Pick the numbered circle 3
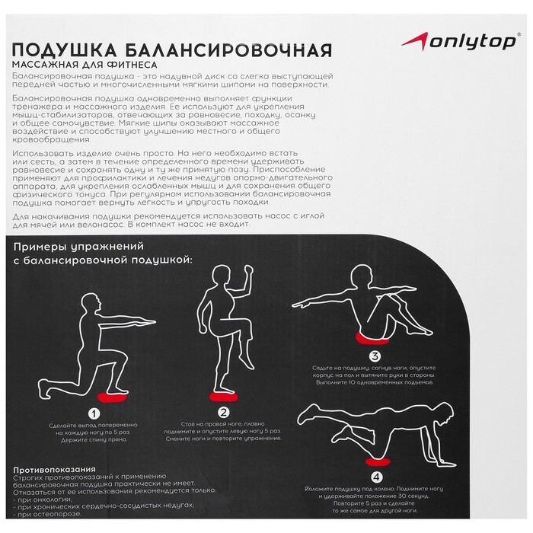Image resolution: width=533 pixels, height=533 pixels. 375,356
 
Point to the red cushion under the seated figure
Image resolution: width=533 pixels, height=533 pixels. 371,337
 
